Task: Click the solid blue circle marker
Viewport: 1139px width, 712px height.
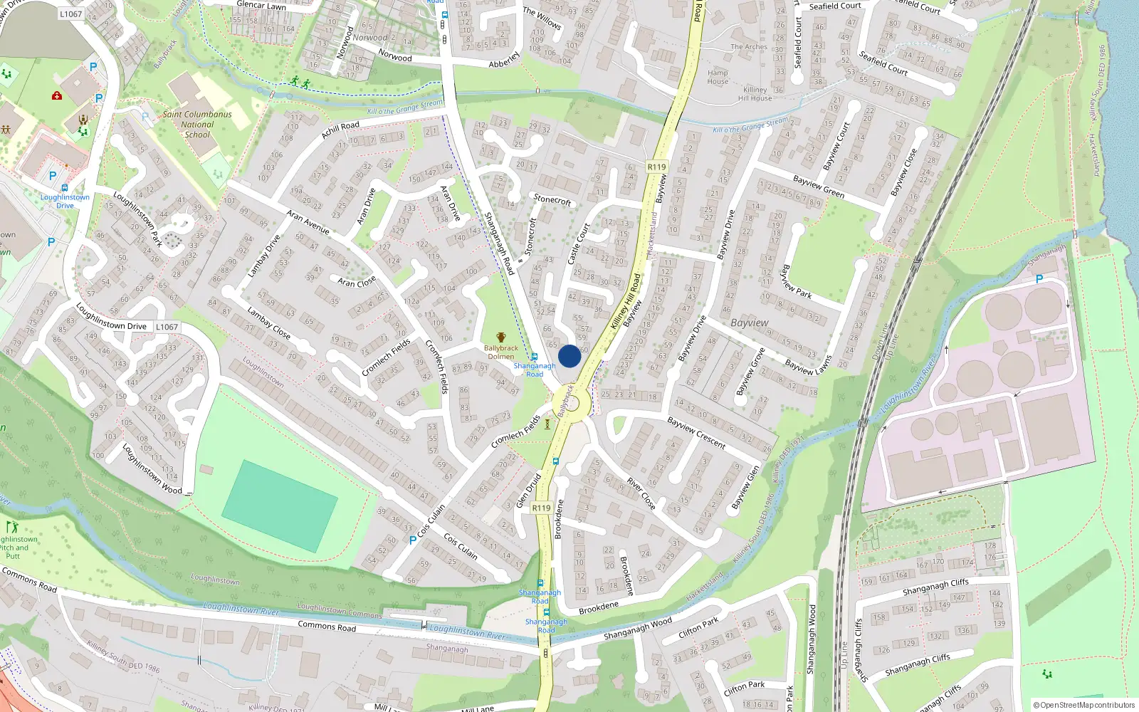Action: coord(569,356)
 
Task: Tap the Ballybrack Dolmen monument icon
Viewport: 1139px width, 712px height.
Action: coord(501,337)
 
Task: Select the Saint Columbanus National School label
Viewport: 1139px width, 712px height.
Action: coord(197,124)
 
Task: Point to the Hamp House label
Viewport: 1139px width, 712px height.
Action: coord(718,77)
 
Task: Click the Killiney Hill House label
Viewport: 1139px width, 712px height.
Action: coord(755,94)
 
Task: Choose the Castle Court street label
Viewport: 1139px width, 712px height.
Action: coord(579,244)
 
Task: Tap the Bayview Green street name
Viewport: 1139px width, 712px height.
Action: coord(819,187)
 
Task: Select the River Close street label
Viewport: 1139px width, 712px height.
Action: coord(641,493)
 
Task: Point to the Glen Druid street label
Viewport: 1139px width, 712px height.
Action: coord(529,491)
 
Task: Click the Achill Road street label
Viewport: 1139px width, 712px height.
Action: coord(340,130)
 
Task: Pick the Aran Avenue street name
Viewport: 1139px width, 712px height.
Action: coord(308,222)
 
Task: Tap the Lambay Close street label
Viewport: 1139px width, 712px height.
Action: coord(268,322)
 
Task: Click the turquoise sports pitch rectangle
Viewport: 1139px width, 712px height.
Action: coord(279,505)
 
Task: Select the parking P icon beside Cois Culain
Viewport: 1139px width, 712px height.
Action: coord(413,540)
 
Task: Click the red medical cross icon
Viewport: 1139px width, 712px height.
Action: coord(57,95)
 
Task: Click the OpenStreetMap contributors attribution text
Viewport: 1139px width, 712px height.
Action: coord(1084,705)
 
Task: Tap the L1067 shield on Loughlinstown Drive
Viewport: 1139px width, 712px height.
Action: coord(167,327)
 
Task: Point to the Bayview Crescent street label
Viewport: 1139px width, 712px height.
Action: coord(696,433)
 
